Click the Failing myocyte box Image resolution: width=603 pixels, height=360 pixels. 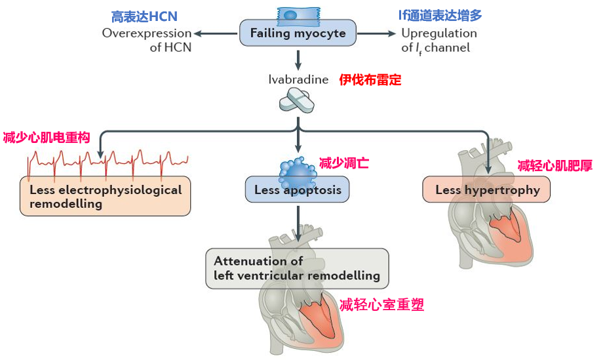tap(298, 33)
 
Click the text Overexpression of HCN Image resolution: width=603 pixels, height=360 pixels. tap(147, 40)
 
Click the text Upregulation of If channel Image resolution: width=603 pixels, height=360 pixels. tap(438, 40)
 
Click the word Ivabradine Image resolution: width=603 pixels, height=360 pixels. tap(298, 80)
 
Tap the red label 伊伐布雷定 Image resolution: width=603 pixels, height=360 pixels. tap(370, 80)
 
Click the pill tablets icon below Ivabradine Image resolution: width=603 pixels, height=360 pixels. tap(297, 100)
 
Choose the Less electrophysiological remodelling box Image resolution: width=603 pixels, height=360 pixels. tap(106, 196)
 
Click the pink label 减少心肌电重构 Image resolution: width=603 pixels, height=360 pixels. tap(46, 136)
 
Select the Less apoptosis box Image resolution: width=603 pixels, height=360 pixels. tap(297, 190)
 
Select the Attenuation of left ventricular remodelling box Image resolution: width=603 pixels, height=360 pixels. tap(297, 268)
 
